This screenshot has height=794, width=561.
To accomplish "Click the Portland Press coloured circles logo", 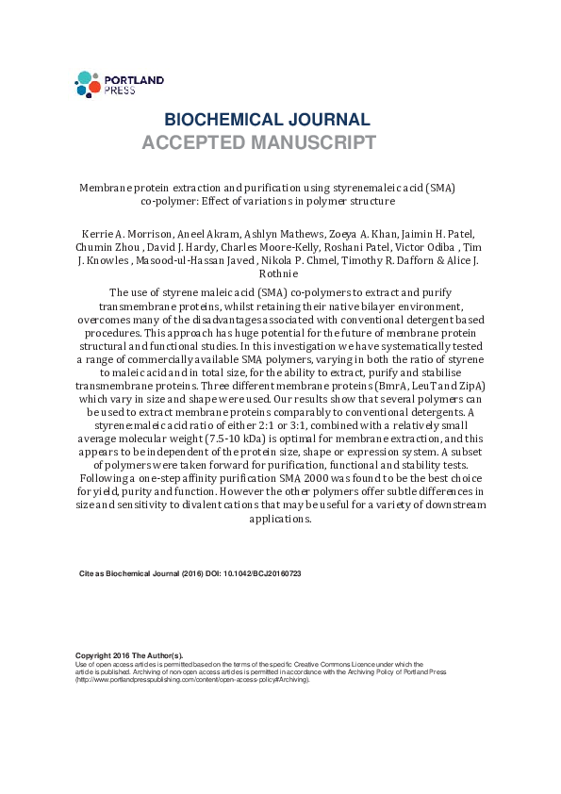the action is [87, 84].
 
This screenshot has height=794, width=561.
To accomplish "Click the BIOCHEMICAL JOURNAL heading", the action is [267, 120].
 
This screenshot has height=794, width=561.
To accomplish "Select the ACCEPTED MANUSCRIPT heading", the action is [259, 143].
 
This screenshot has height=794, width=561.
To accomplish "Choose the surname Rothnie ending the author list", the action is [281, 274].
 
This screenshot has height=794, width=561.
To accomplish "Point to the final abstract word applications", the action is [279, 519].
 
